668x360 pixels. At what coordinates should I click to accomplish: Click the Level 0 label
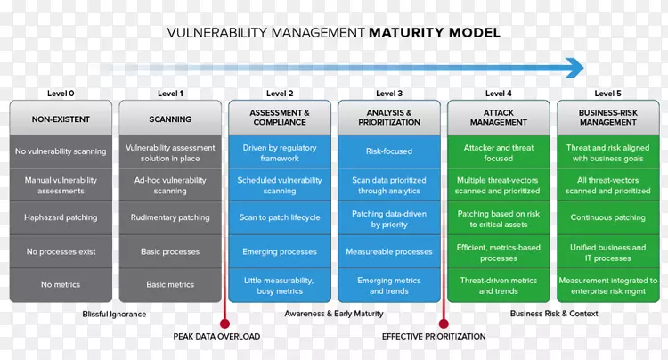coord(61,93)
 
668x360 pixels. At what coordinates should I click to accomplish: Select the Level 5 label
coord(607,93)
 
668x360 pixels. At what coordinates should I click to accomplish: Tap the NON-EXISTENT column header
coord(61,119)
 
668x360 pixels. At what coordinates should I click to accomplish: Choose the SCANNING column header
coord(170,119)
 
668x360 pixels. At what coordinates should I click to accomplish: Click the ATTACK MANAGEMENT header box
coord(498,118)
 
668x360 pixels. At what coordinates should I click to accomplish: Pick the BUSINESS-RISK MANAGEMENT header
coord(607,118)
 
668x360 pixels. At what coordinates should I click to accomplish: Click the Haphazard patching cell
coord(61,217)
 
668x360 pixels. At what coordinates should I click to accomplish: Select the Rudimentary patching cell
coord(170,217)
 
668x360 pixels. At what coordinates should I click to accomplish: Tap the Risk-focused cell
coord(388,151)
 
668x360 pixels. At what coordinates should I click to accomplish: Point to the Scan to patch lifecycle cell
coord(280,217)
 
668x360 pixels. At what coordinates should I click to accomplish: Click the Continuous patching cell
coord(607,217)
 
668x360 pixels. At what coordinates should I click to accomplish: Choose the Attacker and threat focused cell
coord(498,152)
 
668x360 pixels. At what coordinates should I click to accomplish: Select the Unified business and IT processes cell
coord(607,253)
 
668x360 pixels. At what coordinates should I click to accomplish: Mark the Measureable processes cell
coord(388,251)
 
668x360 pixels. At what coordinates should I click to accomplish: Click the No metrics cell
coord(61,285)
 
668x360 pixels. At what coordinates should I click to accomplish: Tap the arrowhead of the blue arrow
coord(574,68)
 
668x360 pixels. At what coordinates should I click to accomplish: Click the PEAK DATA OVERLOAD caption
coord(216,337)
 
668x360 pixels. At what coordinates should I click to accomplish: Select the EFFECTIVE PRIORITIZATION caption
coord(434,337)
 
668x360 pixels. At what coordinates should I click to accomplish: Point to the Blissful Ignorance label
coord(114,314)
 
